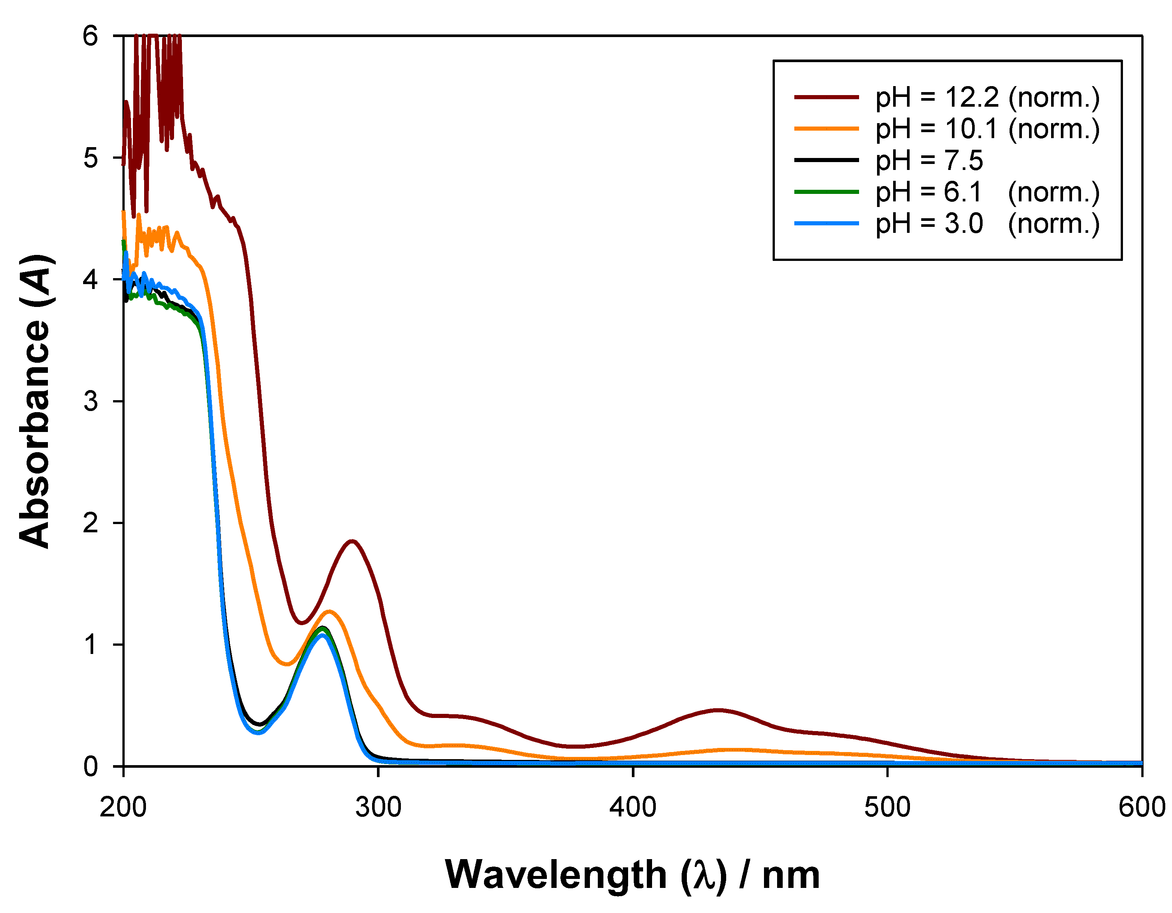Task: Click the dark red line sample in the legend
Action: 827,97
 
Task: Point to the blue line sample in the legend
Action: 827,223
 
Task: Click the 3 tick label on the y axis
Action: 91,401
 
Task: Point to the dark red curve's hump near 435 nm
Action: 718,710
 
